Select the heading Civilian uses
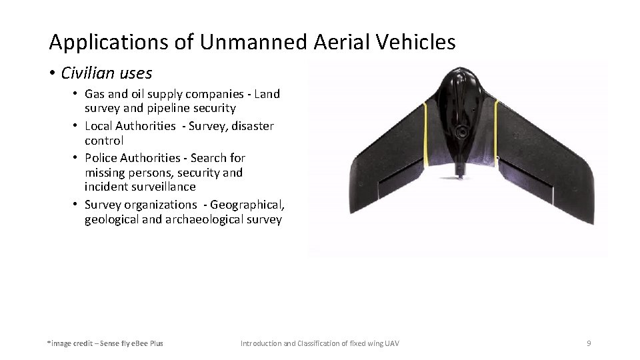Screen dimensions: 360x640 [x=106, y=73]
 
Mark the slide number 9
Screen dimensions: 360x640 [x=589, y=343]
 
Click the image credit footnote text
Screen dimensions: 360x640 [x=105, y=343]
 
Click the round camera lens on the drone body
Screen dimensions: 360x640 [x=461, y=133]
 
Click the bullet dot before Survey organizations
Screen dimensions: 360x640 [x=77, y=205]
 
